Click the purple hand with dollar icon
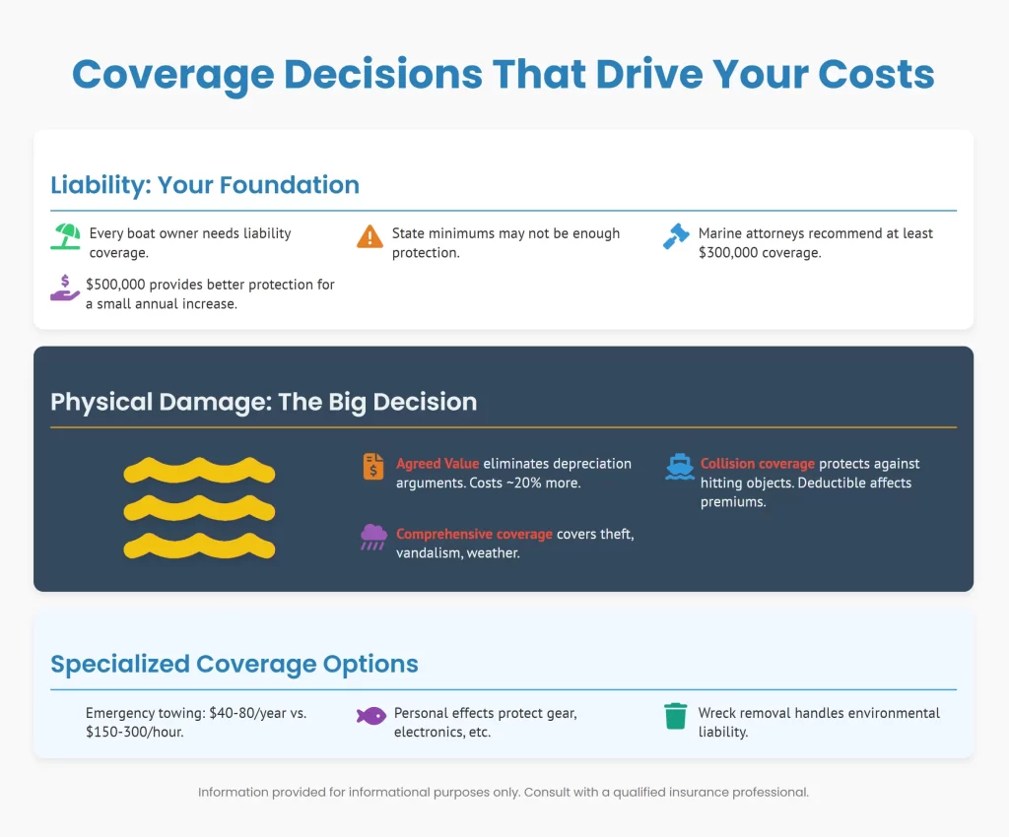pos(66,290)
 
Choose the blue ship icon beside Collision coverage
pos(679,467)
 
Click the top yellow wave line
pos(199,470)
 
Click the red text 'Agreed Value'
pos(437,463)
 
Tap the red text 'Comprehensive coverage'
pos(474,534)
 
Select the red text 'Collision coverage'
pos(758,463)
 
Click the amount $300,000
pos(731,252)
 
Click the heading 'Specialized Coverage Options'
pos(235,664)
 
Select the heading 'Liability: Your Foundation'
pos(205,184)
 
